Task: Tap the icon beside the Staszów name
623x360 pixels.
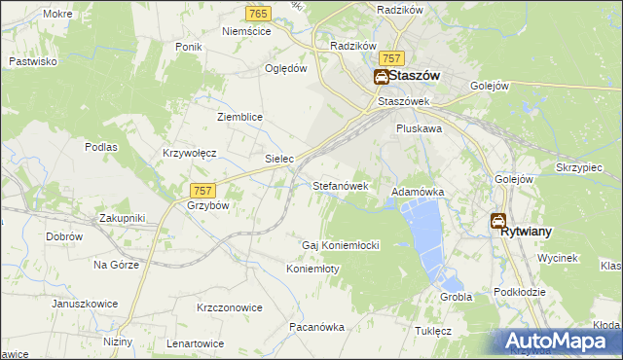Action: (x=382, y=76)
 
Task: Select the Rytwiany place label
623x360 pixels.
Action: (x=527, y=233)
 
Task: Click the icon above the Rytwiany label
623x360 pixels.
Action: (x=498, y=221)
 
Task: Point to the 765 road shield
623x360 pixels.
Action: (x=258, y=14)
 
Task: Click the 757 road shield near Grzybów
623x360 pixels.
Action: (x=202, y=191)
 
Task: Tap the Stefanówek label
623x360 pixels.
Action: (x=340, y=185)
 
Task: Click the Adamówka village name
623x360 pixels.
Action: (x=418, y=193)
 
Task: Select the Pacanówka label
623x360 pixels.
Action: (x=316, y=328)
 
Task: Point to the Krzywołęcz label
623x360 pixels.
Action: (x=189, y=154)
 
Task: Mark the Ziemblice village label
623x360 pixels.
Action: (x=239, y=117)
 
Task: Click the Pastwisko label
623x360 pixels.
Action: (x=32, y=61)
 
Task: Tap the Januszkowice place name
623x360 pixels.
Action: (x=86, y=304)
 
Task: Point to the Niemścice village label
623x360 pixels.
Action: (x=245, y=31)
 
